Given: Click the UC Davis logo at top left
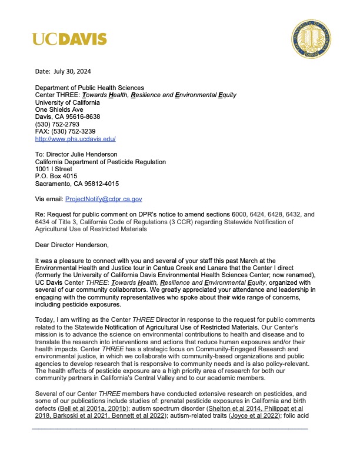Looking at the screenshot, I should click(69, 39).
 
